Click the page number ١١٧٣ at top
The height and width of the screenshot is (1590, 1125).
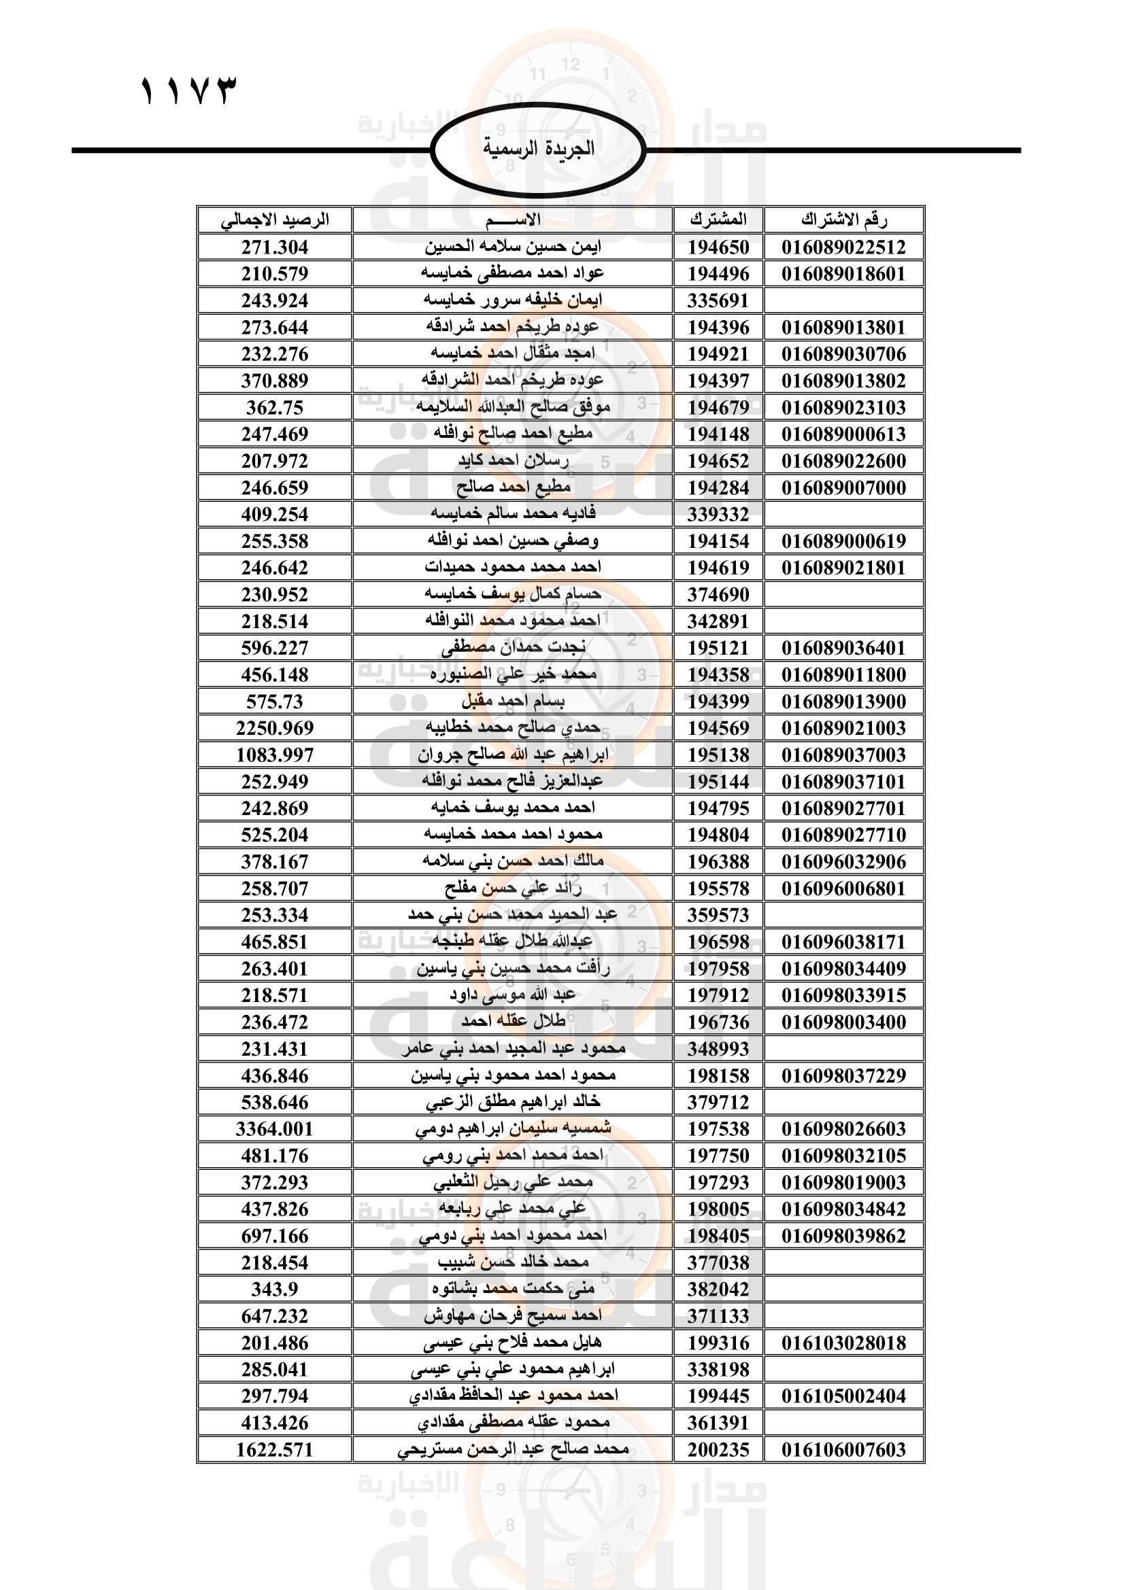(188, 91)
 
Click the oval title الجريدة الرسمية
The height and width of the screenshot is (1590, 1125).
(538, 149)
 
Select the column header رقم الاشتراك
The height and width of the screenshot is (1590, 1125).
(843, 220)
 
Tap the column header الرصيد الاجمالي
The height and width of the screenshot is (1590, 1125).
(275, 220)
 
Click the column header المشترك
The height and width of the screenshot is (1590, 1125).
(718, 220)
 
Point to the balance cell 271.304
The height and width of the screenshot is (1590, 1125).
(275, 247)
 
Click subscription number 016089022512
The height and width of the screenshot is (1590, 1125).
(843, 247)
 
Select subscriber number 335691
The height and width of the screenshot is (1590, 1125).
(718, 301)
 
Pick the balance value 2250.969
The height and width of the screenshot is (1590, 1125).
(275, 729)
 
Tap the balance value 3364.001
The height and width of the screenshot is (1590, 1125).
(275, 1130)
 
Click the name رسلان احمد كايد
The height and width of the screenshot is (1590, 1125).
(514, 460)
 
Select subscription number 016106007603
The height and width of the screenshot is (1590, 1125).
(843, 1450)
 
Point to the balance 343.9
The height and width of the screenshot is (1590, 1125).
(275, 1290)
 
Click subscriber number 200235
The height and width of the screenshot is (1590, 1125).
(718, 1450)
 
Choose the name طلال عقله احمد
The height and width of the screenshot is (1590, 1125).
(514, 1022)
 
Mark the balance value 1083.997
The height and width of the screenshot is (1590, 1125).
(275, 755)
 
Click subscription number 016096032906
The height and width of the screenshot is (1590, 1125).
(843, 862)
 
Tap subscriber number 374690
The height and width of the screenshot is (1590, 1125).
(718, 595)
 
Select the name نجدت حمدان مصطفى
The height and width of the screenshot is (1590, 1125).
(514, 648)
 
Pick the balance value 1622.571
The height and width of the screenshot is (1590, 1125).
(275, 1450)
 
